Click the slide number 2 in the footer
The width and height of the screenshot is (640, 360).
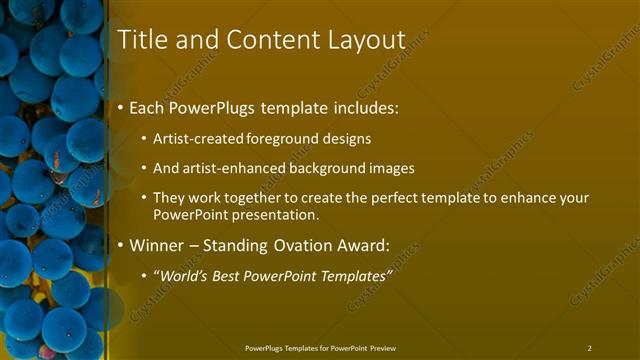tap(589, 348)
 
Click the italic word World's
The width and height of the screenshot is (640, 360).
tap(186, 275)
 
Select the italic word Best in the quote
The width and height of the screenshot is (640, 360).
tap(236, 275)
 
